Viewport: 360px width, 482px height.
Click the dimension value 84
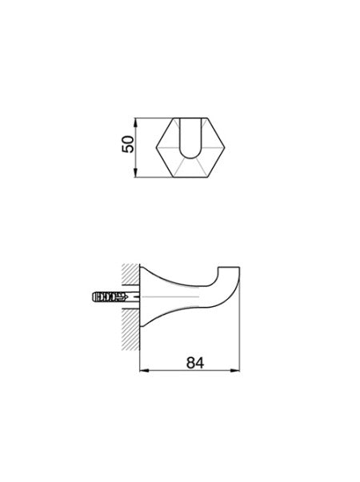pos(192,362)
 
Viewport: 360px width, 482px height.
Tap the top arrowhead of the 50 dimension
pos(140,121)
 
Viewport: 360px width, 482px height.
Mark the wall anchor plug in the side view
pos(106,296)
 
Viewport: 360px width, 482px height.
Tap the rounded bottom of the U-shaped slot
pos(191,157)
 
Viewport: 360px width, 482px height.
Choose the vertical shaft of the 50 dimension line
pos(140,149)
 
